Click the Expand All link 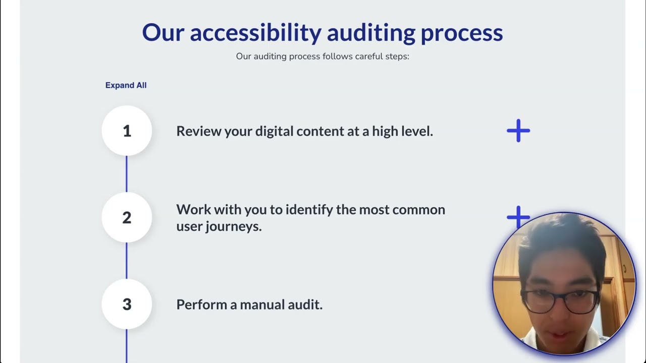coord(126,85)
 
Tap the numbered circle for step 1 coord(127,131)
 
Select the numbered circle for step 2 coord(127,218)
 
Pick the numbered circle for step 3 coord(127,305)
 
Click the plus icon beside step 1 coord(518,131)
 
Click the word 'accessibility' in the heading coord(255,33)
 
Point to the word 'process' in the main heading coord(461,33)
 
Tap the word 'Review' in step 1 coord(198,131)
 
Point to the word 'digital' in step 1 coord(274,131)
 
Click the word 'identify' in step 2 coord(309,209)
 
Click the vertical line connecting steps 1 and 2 coord(127,174)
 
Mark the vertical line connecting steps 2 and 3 coord(127,261)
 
